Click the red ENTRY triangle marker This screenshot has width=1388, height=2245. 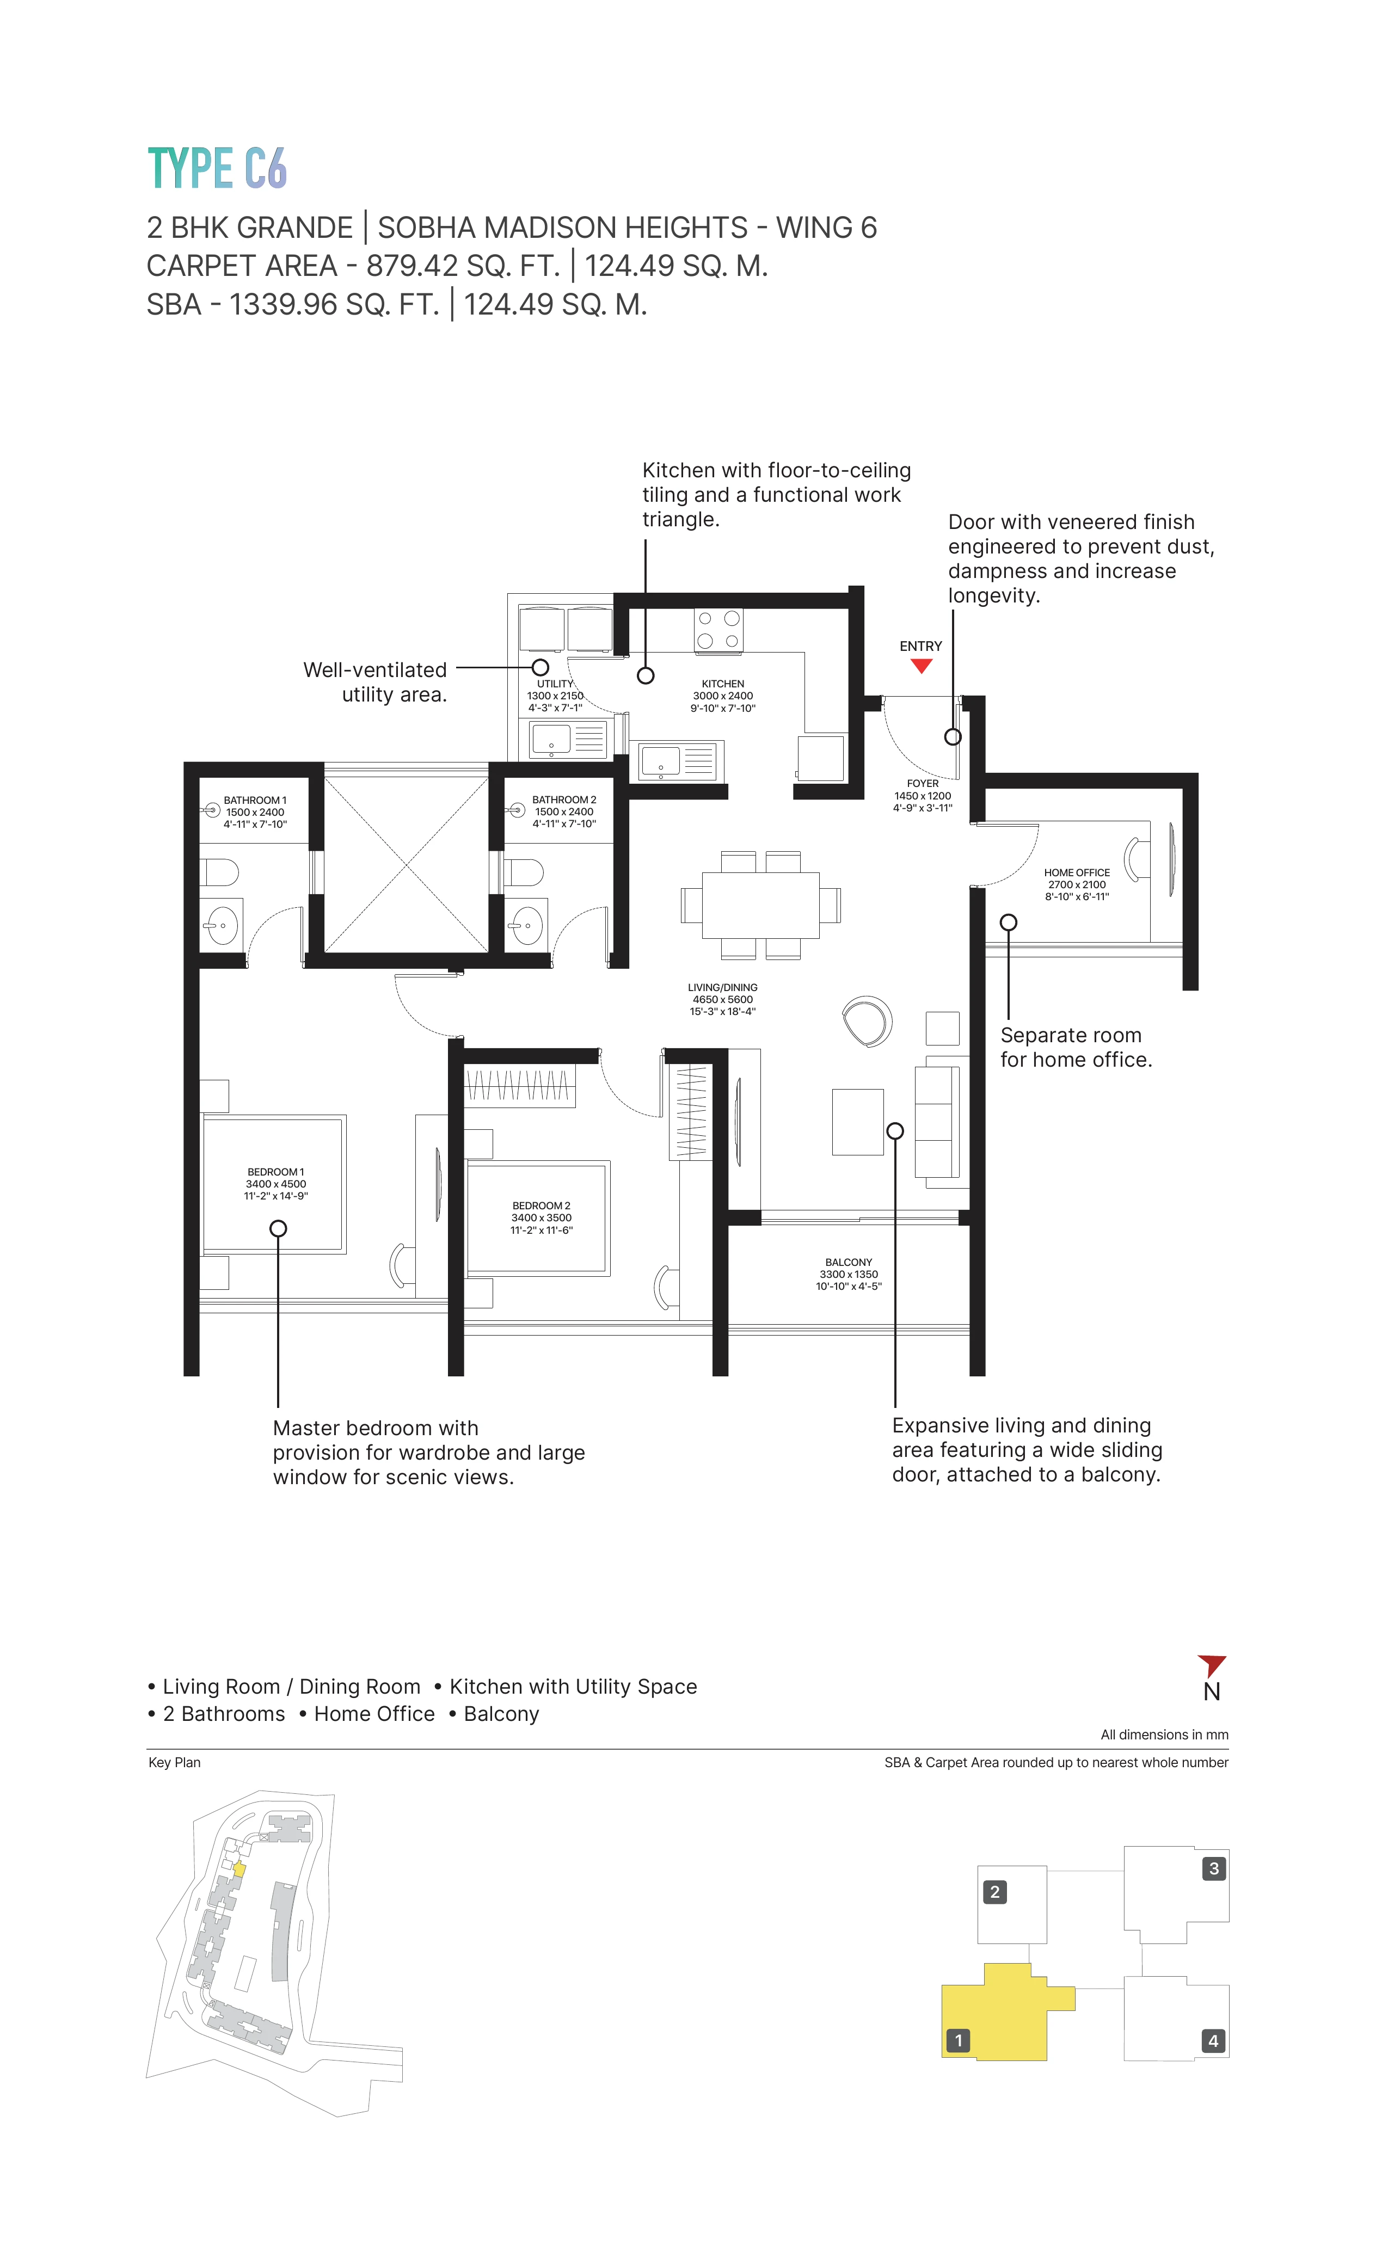pos(921,666)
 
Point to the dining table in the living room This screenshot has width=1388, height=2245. pos(760,905)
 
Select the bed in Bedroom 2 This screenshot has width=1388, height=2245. pos(537,1218)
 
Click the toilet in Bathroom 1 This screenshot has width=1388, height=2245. pos(220,872)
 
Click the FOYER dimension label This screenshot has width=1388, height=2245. pos(923,796)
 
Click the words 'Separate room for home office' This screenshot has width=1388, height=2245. pos(1075,1047)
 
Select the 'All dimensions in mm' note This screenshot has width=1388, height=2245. pos(1163,1735)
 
